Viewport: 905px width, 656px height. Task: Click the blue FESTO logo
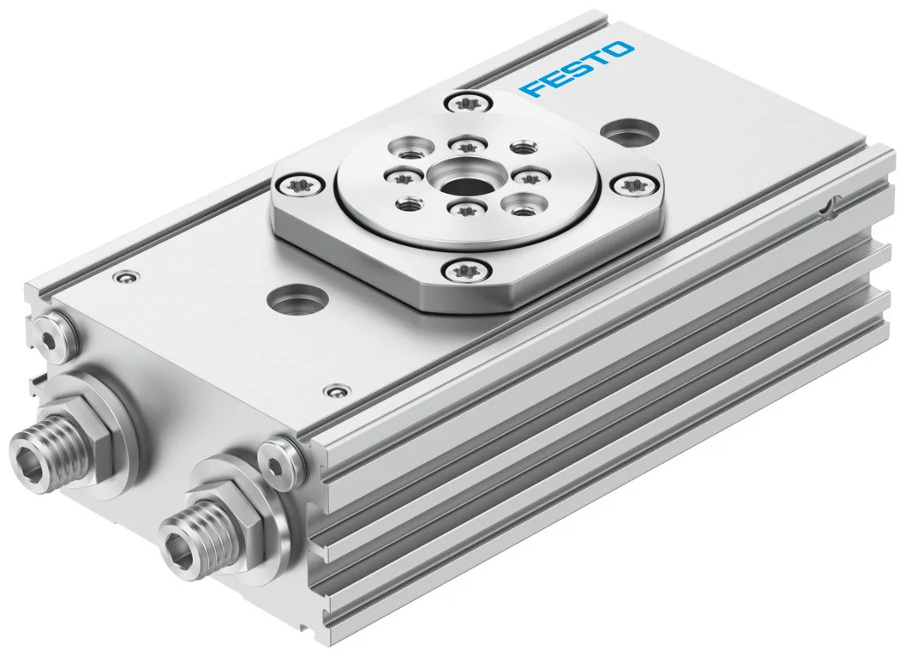[x=576, y=68]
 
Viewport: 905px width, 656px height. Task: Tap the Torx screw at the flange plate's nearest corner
[x=466, y=269]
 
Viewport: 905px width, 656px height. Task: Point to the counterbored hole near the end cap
[x=297, y=298]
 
